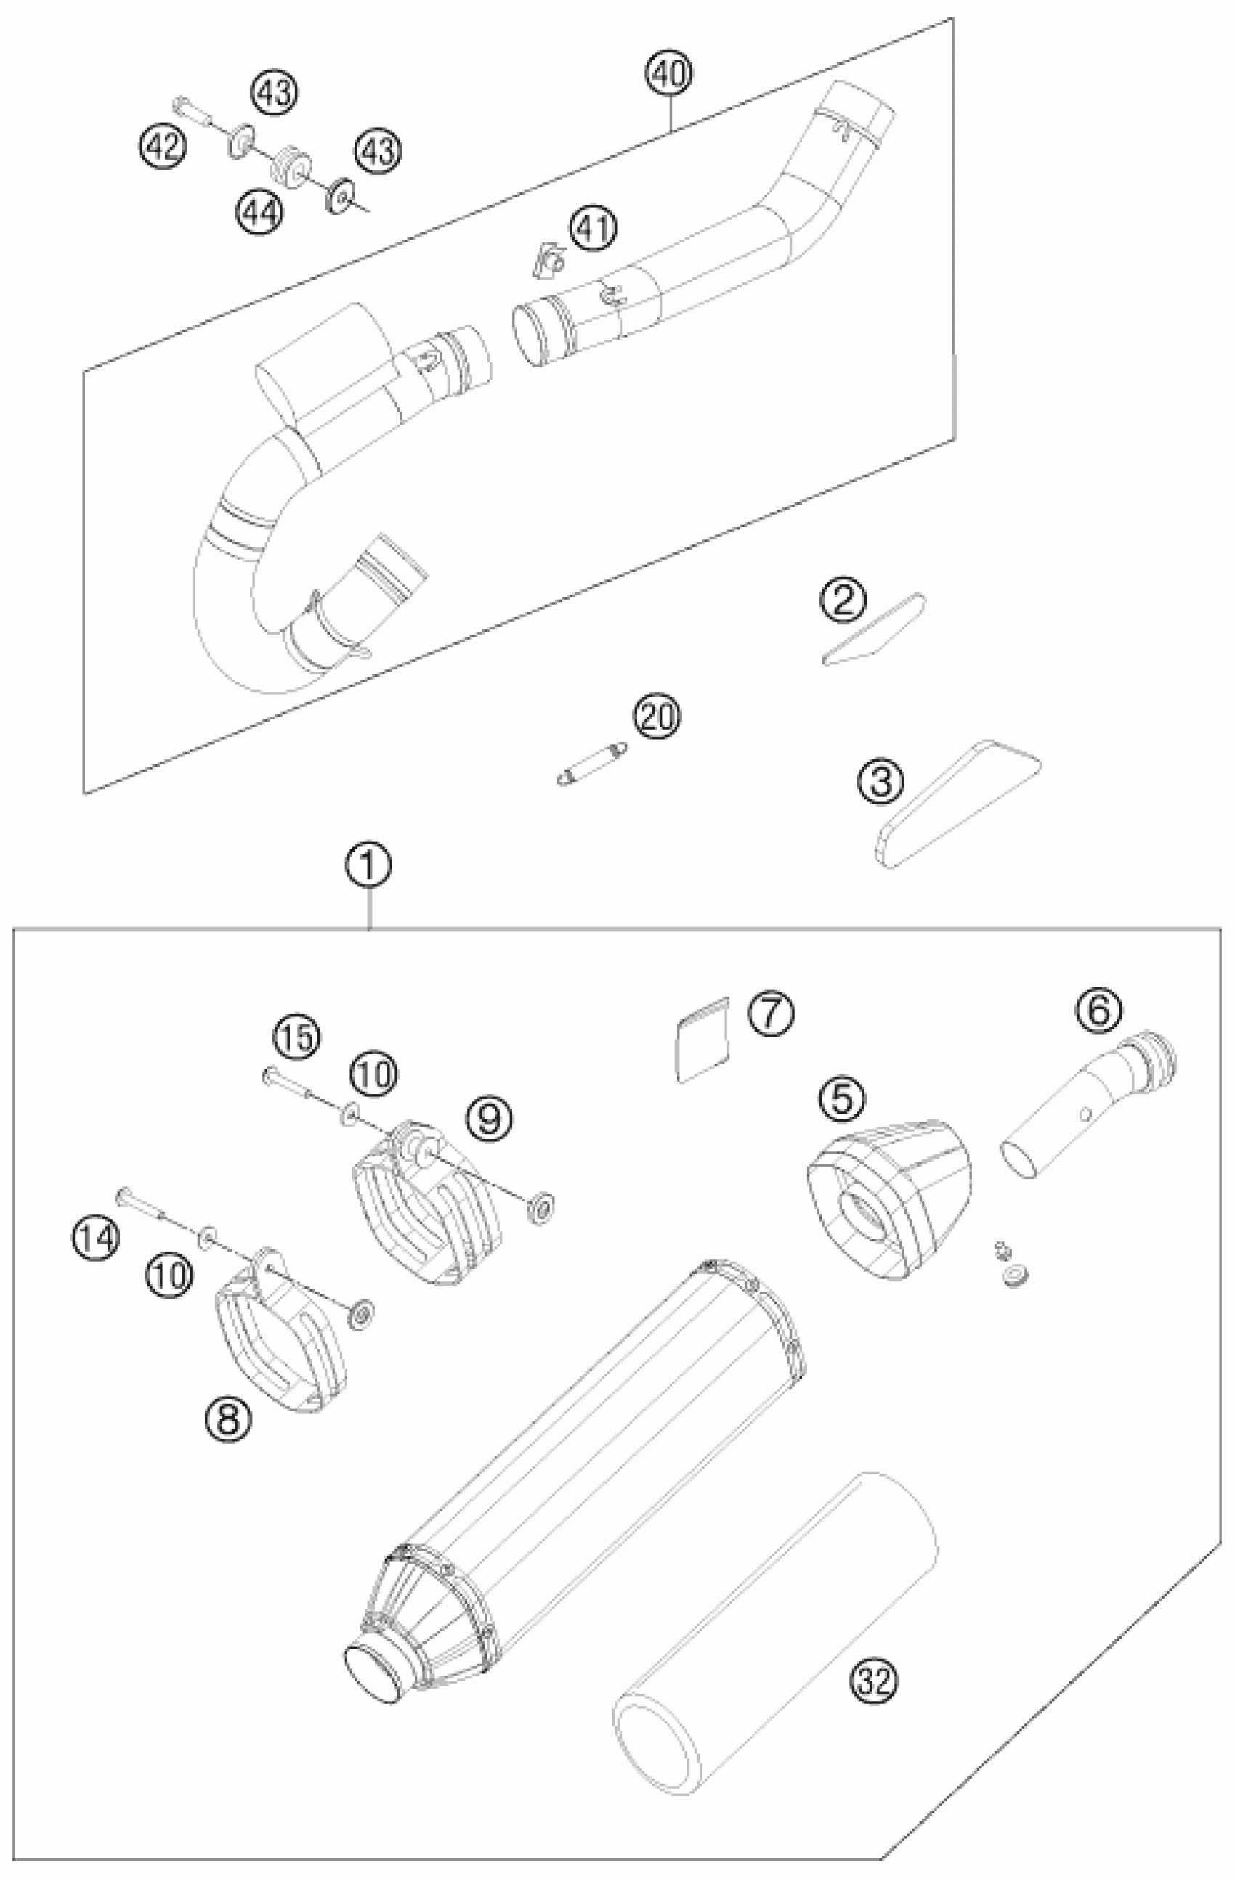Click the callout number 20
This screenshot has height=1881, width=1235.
pos(657,717)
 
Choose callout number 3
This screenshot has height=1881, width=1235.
pos(880,783)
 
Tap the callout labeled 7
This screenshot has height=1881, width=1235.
pos(771,1013)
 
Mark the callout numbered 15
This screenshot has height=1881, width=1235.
pos(296,1040)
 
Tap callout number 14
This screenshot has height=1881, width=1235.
pos(97,1238)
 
